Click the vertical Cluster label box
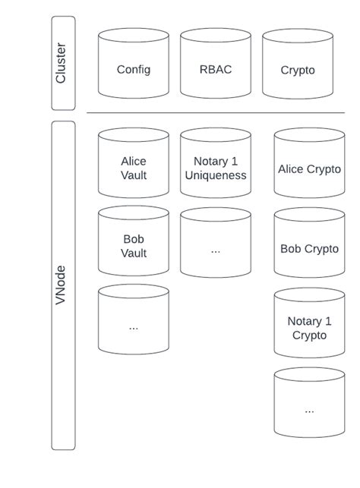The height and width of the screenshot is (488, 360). point(62,64)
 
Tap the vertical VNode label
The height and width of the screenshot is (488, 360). point(62,285)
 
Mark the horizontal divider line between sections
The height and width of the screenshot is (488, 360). point(216,114)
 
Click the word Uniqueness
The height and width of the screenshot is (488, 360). point(216,175)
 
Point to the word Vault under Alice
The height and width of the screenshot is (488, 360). point(134,175)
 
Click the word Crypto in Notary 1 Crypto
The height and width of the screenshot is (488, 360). point(309,335)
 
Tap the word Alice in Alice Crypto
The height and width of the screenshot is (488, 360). point(291,169)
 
